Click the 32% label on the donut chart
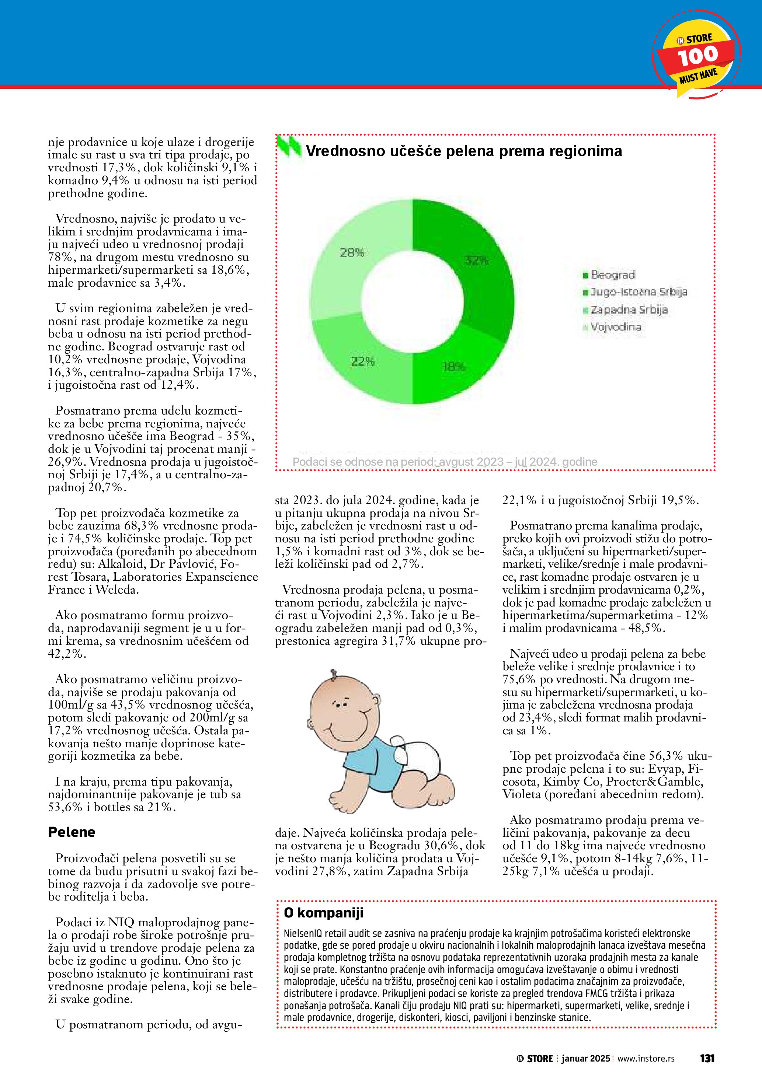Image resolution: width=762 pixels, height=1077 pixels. click(x=477, y=261)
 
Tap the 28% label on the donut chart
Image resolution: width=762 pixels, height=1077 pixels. click(x=352, y=253)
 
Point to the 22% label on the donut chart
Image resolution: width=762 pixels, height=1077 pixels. click(x=363, y=362)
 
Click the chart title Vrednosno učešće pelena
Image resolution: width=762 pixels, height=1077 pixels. click(x=464, y=151)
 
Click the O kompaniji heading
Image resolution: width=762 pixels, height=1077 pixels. click(x=323, y=913)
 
